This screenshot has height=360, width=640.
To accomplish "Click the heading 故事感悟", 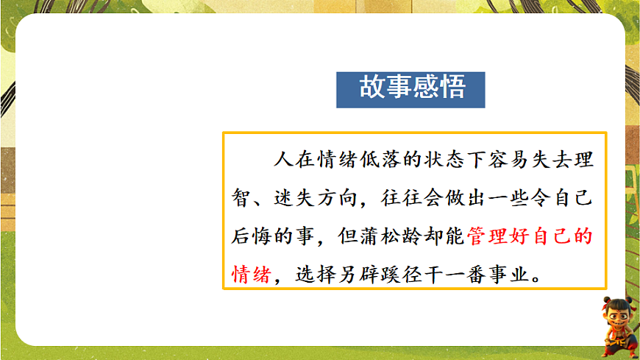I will pos(411,88).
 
